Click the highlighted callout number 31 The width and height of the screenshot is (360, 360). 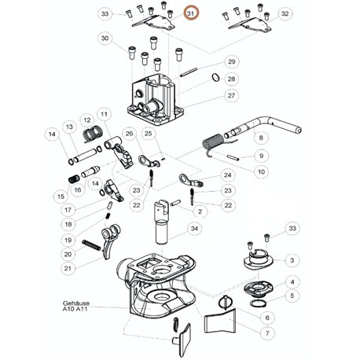(x=191, y=13)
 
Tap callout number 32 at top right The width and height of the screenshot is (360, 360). (x=285, y=13)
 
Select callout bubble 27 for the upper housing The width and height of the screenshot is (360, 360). (x=231, y=96)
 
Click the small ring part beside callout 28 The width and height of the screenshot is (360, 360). (x=215, y=77)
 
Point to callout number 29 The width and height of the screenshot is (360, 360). (x=232, y=62)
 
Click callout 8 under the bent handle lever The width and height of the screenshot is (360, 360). (x=261, y=138)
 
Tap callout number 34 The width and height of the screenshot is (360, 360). (x=194, y=229)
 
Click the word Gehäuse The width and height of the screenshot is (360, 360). (x=76, y=303)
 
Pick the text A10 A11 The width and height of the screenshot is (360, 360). (x=75, y=309)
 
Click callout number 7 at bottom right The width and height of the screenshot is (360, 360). (x=267, y=333)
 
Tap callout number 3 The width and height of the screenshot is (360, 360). (x=292, y=260)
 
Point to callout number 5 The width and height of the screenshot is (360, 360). (x=292, y=296)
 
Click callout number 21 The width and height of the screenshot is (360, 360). (x=68, y=268)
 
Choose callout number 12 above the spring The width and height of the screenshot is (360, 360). (x=87, y=120)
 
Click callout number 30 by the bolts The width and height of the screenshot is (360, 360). (x=105, y=39)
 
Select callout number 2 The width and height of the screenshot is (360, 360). (x=200, y=211)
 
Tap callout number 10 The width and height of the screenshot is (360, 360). (x=261, y=172)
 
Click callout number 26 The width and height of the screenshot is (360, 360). (x=129, y=134)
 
